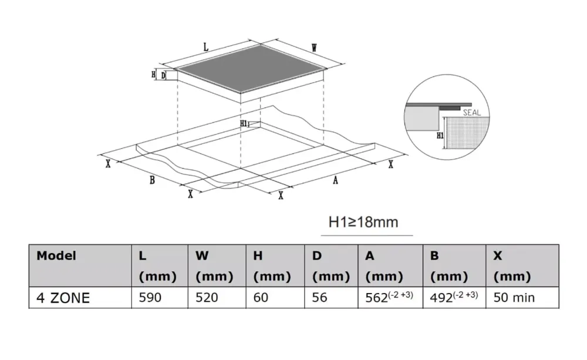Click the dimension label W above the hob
coord(314,49)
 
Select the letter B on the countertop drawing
coord(152,180)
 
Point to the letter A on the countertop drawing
coord(335,181)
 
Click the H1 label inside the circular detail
coord(441,135)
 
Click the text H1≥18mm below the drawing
coord(363,222)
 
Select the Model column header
coord(56,256)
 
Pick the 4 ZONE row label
coord(63,298)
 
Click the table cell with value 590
coord(150,298)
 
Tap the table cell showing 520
coord(207,298)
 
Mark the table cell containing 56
coord(320,298)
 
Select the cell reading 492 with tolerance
coord(454,297)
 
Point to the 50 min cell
coord(514,298)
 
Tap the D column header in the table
coord(317,256)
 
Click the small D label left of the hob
coord(163,75)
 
